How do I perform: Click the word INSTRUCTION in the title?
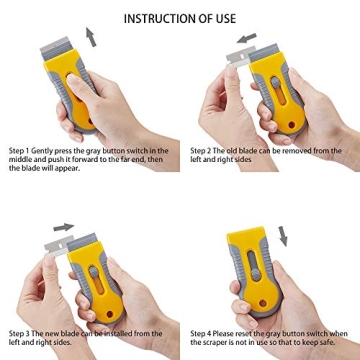click(x=159, y=18)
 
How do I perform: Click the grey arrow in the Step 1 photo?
click(x=92, y=36)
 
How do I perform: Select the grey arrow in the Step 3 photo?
click(x=63, y=228)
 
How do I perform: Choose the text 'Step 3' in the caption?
click(x=20, y=333)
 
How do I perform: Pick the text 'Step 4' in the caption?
click(x=201, y=333)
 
